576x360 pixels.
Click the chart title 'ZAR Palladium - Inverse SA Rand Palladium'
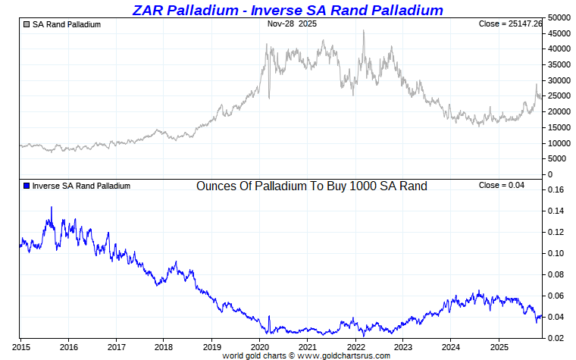point(287,10)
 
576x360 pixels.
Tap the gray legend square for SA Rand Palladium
point(27,24)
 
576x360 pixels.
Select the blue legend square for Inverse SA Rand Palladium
point(27,186)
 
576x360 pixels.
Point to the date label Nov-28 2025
point(293,23)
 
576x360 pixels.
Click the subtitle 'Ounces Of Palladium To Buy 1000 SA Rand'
point(311,186)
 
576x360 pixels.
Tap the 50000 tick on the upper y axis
point(559,17)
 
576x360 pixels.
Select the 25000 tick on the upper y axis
point(559,96)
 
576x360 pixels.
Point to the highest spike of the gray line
point(364,30)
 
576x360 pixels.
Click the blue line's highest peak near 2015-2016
point(52,207)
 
